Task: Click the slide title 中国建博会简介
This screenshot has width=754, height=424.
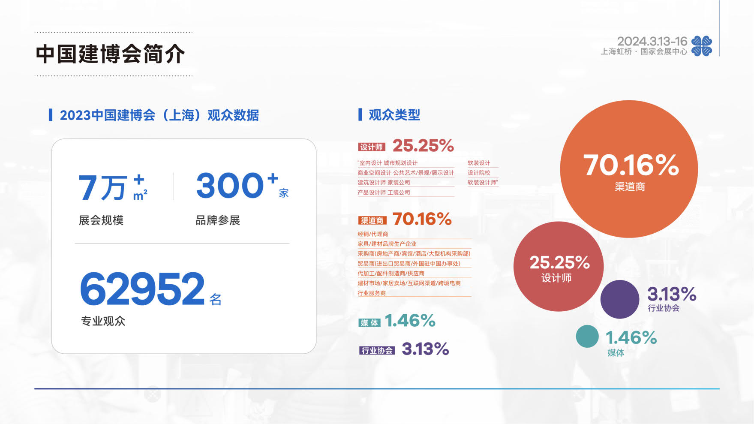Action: [110, 54]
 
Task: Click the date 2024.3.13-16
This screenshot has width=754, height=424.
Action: [652, 41]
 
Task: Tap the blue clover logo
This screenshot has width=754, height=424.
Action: [702, 46]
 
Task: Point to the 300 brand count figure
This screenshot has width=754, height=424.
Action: [230, 186]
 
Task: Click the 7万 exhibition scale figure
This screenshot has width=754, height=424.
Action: [103, 188]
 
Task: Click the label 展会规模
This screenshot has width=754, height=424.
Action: [101, 220]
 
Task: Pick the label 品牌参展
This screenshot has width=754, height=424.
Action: [218, 220]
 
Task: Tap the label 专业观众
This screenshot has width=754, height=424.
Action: [103, 321]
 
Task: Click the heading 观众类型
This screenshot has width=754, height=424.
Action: [394, 115]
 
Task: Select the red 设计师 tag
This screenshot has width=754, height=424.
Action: [372, 147]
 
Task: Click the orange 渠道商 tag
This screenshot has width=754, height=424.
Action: [372, 220]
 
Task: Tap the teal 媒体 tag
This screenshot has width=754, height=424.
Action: [369, 323]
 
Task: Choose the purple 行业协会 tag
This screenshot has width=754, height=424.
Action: [377, 351]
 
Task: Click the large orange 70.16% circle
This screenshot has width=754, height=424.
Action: [629, 169]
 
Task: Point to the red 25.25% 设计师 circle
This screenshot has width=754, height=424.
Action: [559, 266]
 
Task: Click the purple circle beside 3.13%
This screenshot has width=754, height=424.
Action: [620, 299]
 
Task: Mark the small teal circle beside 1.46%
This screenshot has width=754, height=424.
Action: [587, 336]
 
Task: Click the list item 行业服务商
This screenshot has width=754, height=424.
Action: [372, 293]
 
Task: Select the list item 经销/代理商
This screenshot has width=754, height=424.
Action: [373, 234]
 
